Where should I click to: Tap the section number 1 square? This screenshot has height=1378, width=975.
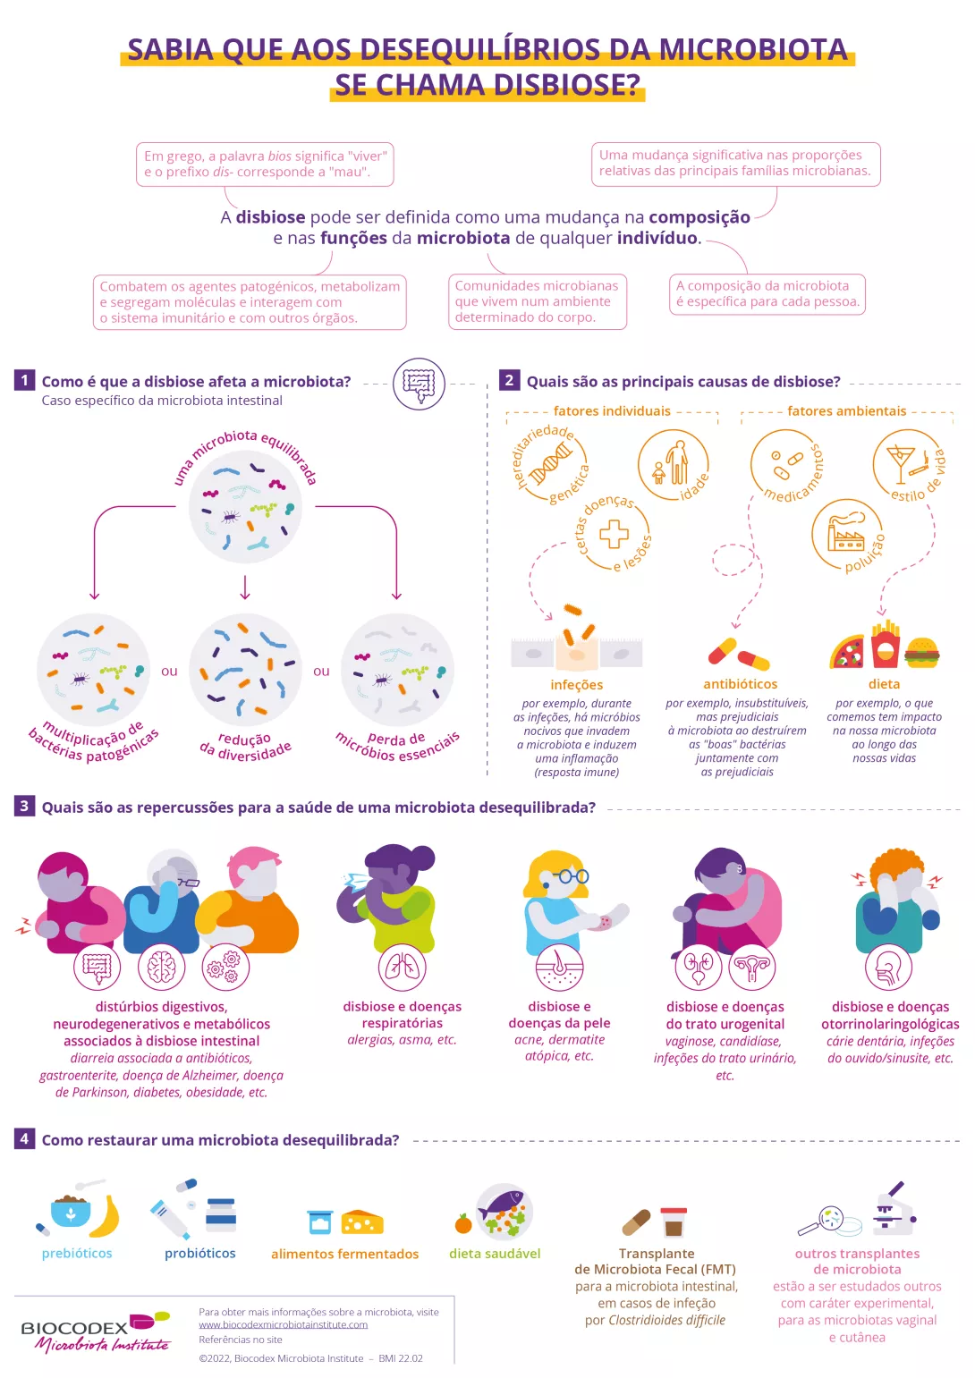click(x=24, y=380)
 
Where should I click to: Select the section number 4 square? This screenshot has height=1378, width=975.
click(x=24, y=1138)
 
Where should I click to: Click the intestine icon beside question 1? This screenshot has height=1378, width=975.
click(x=419, y=383)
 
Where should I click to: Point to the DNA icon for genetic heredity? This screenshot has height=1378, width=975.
click(x=550, y=464)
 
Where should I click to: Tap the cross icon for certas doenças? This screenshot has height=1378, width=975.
click(x=614, y=534)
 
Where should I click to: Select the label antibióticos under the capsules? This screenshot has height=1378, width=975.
click(x=740, y=684)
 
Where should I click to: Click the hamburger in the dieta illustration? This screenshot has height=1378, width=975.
click(x=921, y=653)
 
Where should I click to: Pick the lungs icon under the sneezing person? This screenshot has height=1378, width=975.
click(x=403, y=968)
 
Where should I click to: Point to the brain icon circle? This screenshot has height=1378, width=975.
click(x=162, y=968)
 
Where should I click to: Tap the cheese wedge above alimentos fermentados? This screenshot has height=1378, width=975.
click(x=362, y=1222)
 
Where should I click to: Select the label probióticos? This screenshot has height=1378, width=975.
click(x=199, y=1254)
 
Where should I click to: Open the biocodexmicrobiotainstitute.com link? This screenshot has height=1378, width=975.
click(x=283, y=1324)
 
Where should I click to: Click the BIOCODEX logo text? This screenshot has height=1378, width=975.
click(x=75, y=1328)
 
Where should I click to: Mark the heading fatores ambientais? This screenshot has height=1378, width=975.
click(x=846, y=411)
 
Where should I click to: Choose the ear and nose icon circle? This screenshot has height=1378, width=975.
click(x=888, y=968)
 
